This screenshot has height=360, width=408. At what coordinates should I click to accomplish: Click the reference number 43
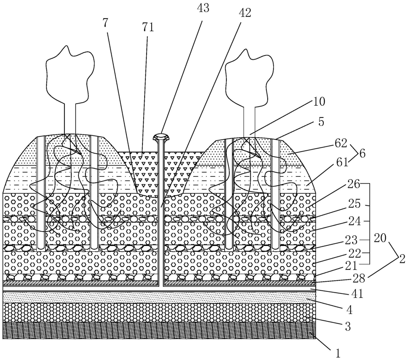(203, 8)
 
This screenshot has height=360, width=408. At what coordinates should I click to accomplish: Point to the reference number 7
(106, 23)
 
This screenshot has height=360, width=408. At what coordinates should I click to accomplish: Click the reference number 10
(319, 102)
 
